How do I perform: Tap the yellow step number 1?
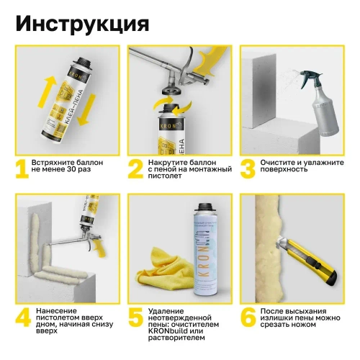pyautogui.click(x=22, y=168)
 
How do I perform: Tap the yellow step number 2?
pyautogui.click(x=135, y=168)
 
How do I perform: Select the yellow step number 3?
pyautogui.click(x=247, y=168)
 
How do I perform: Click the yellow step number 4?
pyautogui.click(x=22, y=318)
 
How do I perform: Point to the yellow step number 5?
pyautogui.click(x=135, y=318)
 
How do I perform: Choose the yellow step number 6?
pyautogui.click(x=247, y=318)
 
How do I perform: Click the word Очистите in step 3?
pyautogui.click(x=282, y=163)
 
